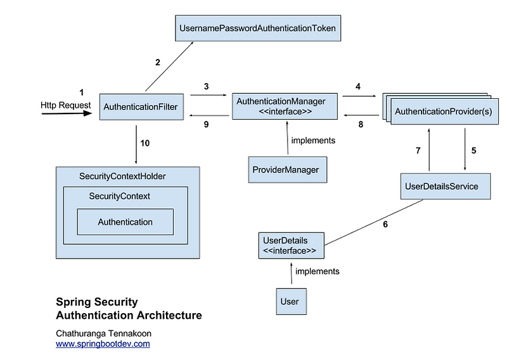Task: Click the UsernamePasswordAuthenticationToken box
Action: click(x=257, y=28)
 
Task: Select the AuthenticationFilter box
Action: click(x=141, y=106)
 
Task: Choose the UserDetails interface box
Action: click(x=290, y=246)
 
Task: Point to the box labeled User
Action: click(x=289, y=302)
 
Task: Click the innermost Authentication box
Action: click(x=125, y=222)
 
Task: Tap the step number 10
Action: click(x=145, y=143)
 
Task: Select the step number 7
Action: click(x=418, y=150)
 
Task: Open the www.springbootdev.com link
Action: click(x=103, y=344)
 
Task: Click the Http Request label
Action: click(x=66, y=105)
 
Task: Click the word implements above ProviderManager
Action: click(x=313, y=140)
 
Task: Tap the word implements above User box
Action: click(x=318, y=271)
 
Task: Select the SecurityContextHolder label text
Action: click(x=123, y=176)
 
